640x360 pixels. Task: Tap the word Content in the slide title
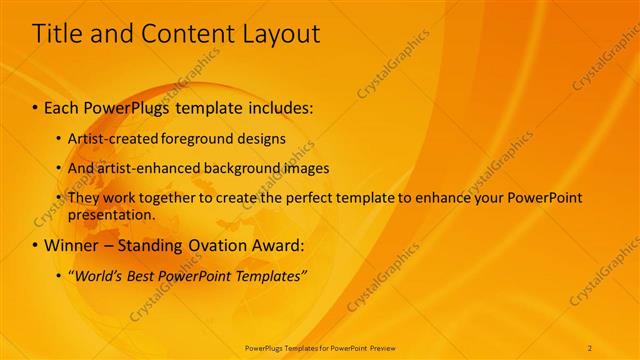(x=183, y=34)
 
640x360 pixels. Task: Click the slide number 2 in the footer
(x=590, y=347)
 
